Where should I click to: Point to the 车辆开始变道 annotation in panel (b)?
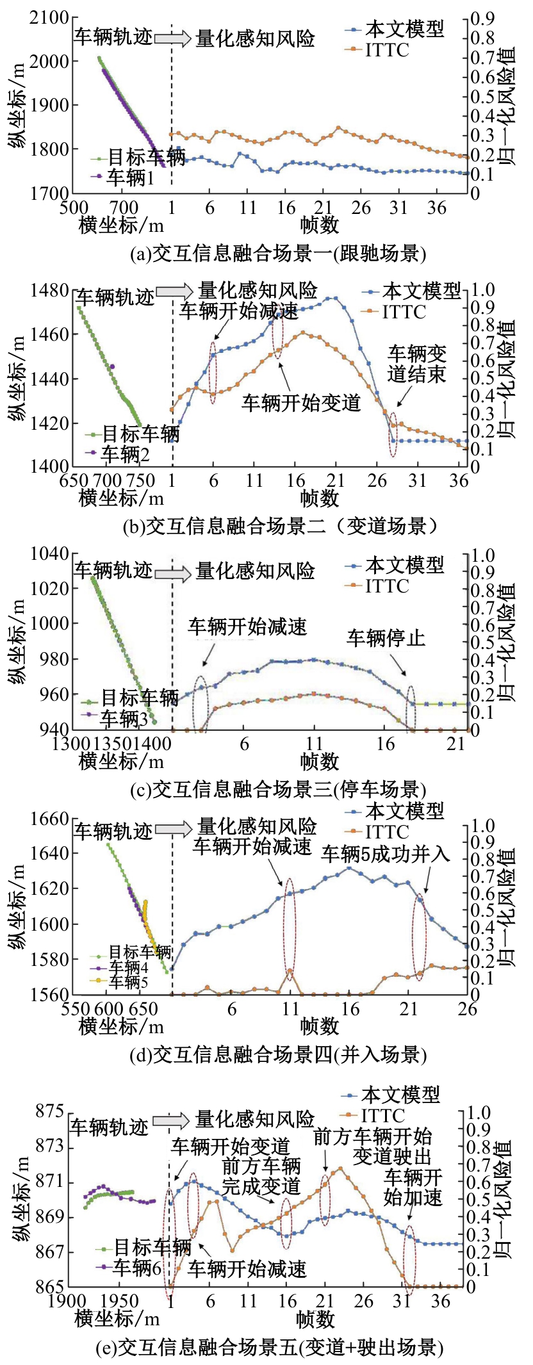click(x=300, y=402)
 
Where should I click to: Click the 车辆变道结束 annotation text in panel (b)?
click(x=416, y=363)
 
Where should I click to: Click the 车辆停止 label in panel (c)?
click(x=386, y=637)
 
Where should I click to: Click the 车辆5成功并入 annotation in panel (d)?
click(x=386, y=853)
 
